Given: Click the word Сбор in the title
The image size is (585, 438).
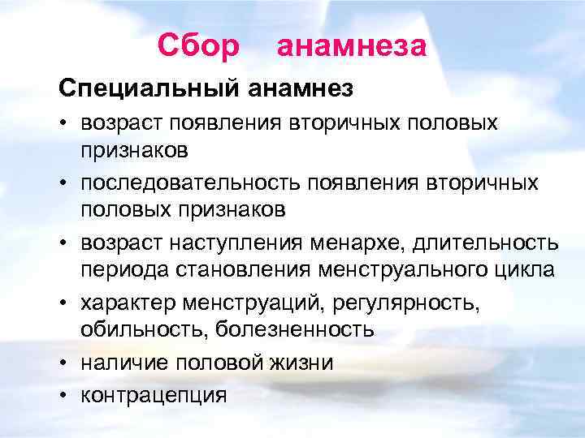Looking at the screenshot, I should [x=199, y=45].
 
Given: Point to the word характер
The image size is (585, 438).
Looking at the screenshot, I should [x=130, y=303].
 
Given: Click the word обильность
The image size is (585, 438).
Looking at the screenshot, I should [x=140, y=330].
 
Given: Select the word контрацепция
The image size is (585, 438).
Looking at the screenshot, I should [x=154, y=395].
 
